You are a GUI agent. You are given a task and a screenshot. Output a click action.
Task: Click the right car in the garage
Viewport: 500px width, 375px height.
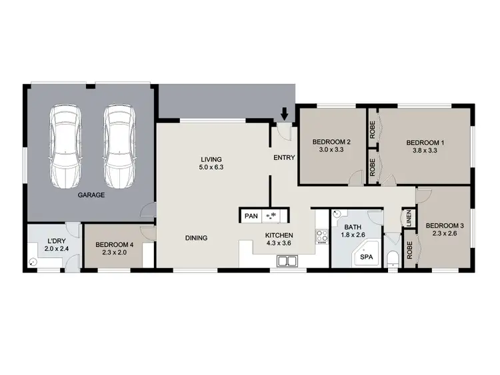119,147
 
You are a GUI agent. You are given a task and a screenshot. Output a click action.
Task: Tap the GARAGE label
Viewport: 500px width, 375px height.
91,196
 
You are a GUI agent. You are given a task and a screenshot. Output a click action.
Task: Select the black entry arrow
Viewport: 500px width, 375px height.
285,114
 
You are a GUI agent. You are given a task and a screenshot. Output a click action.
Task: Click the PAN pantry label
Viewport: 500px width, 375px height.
251,216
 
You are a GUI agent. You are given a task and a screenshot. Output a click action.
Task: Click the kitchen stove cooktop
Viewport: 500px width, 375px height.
321,236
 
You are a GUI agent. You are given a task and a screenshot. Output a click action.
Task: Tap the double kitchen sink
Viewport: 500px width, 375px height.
287,261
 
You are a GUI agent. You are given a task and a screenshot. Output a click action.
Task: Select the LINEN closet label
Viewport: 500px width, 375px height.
407,218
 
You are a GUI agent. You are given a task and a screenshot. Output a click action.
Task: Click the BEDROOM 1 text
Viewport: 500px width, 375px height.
425,143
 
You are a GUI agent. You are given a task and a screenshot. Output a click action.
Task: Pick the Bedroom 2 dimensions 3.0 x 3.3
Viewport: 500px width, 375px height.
331,151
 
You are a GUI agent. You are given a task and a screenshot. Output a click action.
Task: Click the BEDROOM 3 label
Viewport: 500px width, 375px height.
444,224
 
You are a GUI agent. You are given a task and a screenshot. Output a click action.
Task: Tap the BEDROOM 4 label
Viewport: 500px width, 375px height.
115,244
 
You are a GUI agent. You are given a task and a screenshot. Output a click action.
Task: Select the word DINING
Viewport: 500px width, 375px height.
196,238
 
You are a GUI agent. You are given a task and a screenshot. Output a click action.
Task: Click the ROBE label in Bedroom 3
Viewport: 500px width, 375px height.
409,252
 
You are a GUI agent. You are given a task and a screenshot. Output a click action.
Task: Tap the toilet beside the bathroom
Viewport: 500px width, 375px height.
392,258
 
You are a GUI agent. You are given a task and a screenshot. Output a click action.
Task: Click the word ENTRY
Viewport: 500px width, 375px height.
284,158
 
